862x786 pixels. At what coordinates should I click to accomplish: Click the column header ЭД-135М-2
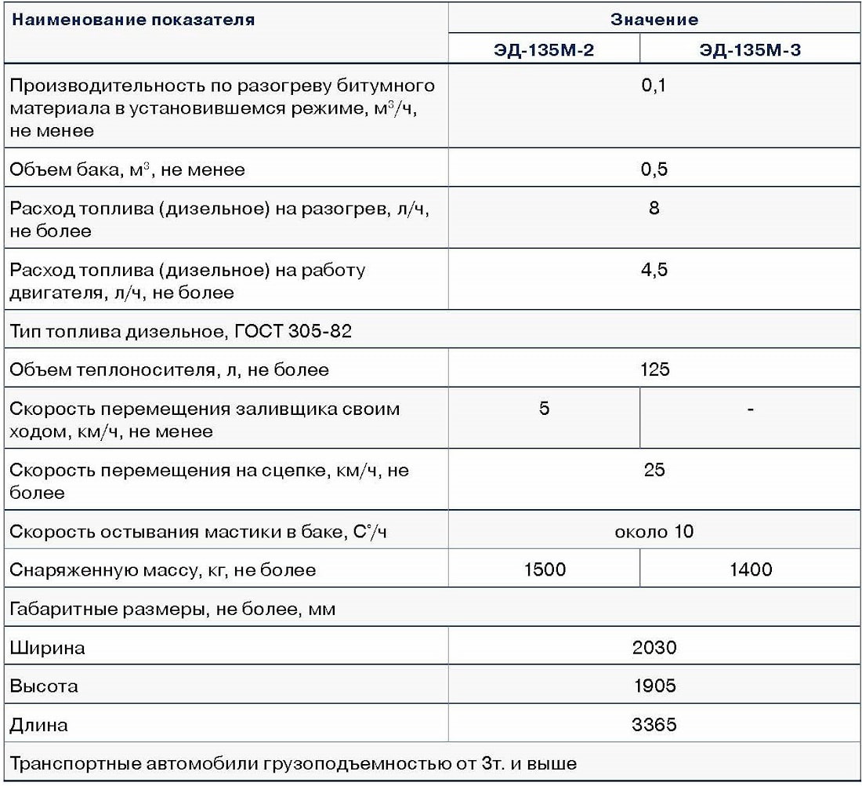click(x=544, y=51)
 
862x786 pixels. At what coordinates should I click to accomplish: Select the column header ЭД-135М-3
click(x=750, y=51)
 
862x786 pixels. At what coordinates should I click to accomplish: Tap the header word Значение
click(x=654, y=19)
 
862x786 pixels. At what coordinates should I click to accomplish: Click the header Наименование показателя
click(x=132, y=20)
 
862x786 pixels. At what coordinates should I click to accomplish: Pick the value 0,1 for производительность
click(x=654, y=86)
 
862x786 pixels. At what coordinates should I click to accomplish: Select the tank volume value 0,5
click(x=654, y=169)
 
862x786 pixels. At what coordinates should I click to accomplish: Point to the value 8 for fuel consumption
click(x=654, y=209)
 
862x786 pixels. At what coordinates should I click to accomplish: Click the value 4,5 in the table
click(x=654, y=270)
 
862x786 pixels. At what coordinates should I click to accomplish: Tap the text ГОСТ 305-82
click(x=293, y=331)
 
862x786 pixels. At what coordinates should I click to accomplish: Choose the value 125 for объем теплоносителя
click(x=654, y=369)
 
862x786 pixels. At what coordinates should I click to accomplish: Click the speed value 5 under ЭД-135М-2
click(x=544, y=409)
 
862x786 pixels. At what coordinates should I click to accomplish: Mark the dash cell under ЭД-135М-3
click(x=751, y=409)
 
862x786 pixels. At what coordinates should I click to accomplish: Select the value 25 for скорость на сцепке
click(x=654, y=470)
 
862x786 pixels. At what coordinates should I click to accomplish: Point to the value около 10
click(x=654, y=532)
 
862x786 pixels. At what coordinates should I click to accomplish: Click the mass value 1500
click(x=544, y=569)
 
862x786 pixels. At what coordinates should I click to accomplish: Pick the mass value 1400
click(x=751, y=569)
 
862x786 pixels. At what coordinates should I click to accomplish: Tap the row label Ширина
click(x=47, y=648)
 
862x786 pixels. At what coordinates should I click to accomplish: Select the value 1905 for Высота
click(x=654, y=686)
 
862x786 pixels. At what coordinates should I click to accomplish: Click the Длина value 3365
click(x=654, y=725)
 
